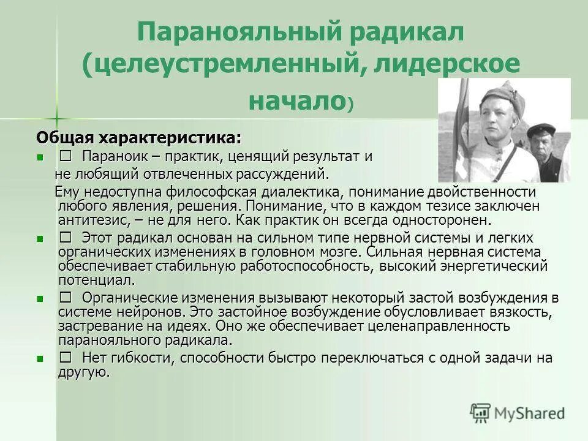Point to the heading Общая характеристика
[x=138, y=136]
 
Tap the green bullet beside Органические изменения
[x=40, y=299]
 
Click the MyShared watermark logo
[x=518, y=412]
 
